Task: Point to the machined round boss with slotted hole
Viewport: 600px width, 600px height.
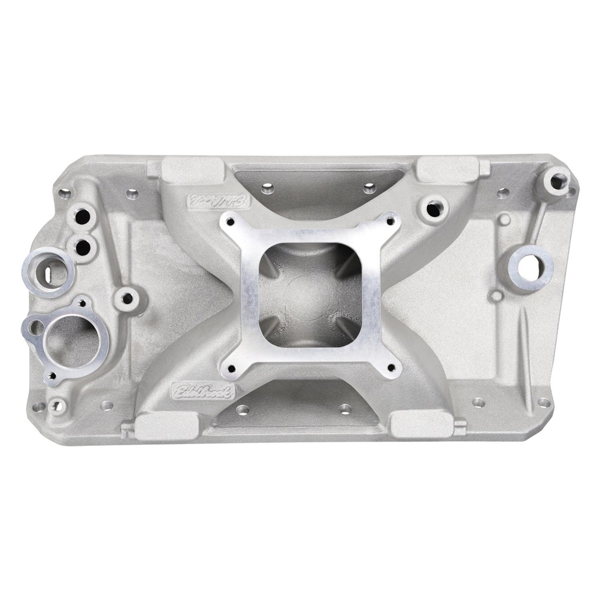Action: [49, 271]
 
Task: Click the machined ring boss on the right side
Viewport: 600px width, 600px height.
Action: [531, 264]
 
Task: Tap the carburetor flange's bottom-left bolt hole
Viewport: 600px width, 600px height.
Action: [233, 369]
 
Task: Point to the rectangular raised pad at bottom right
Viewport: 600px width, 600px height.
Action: [421, 424]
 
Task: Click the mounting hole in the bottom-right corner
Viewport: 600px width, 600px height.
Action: [544, 403]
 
